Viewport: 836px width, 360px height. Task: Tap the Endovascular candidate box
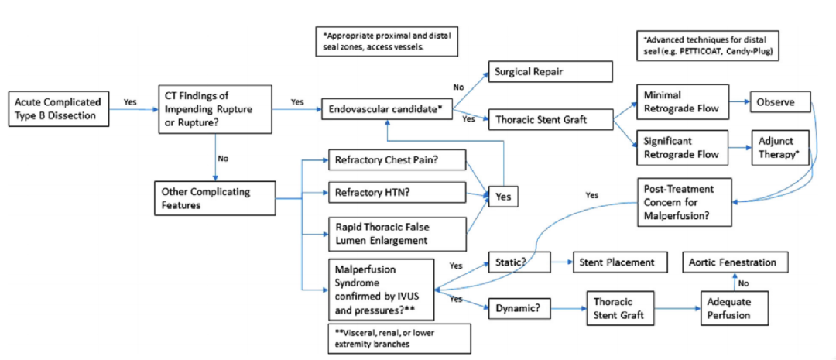[385, 110]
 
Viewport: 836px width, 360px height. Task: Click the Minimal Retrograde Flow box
[682, 102]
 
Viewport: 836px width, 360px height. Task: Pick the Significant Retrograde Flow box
[682, 146]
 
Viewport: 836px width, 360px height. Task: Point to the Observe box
[779, 102]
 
